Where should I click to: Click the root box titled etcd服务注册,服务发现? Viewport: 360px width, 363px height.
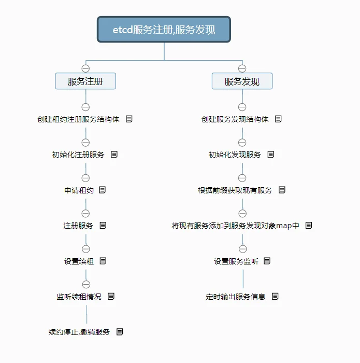coord(164,30)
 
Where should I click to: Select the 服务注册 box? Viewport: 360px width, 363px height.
coord(85,81)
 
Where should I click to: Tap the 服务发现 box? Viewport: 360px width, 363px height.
coord(242,81)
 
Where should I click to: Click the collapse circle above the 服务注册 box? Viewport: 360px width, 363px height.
coord(85,68)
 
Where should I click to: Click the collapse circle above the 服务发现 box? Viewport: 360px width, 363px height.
coord(242,68)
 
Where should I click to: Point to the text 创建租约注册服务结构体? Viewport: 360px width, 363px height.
coord(78,119)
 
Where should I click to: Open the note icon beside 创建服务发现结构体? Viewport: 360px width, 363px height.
coord(278,119)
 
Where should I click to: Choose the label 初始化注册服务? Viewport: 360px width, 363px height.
coord(78,155)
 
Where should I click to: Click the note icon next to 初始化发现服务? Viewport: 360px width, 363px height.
coord(271,155)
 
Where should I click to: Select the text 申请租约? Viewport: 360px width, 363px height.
coord(79,190)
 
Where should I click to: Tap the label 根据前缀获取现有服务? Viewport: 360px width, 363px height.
coord(235,190)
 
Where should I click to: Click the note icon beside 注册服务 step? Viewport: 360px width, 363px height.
coord(103,225)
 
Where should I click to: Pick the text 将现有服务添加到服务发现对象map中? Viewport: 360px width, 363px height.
coord(235,226)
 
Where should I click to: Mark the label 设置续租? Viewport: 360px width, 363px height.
coord(79,261)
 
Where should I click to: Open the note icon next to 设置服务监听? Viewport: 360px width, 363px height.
coord(267,261)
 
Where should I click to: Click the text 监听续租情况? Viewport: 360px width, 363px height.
coord(79,297)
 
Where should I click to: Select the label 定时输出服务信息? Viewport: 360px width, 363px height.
coord(235,297)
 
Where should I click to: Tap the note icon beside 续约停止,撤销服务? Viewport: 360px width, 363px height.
coord(120,332)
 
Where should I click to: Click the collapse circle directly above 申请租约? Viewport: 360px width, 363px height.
coord(85,178)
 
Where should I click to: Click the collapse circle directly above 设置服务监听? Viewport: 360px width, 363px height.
coord(243,249)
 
